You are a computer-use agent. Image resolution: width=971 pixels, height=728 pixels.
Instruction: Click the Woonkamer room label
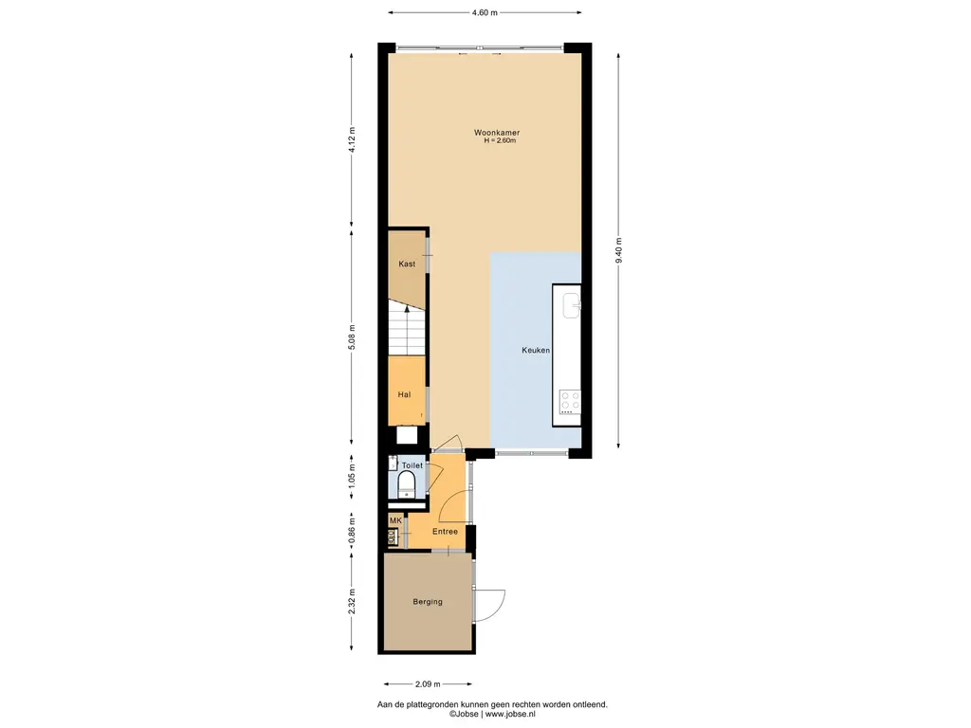[x=497, y=133]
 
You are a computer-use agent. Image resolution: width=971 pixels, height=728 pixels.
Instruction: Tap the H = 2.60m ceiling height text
[x=500, y=140]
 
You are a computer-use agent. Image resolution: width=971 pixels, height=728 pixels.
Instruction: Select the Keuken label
[x=536, y=351]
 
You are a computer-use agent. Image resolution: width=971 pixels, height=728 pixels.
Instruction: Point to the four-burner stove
[x=570, y=402]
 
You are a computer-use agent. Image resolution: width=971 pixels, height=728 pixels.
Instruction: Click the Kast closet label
[x=407, y=264]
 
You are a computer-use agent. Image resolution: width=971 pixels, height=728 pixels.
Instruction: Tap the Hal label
[x=404, y=394]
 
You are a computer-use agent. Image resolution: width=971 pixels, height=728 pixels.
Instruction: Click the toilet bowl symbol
[x=406, y=483]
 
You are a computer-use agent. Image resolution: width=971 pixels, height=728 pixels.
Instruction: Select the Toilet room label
[x=412, y=465]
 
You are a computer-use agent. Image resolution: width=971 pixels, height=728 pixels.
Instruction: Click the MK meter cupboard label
[x=395, y=520]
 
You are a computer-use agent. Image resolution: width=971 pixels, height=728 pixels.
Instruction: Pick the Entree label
[x=446, y=532]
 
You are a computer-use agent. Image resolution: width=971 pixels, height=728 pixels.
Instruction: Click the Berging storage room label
[x=428, y=602]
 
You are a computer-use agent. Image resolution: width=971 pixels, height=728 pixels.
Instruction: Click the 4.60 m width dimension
[x=485, y=12]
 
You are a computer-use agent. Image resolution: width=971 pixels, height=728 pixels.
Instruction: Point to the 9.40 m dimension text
[x=618, y=250]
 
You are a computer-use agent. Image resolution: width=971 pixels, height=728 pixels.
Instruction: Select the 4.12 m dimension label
[x=352, y=139]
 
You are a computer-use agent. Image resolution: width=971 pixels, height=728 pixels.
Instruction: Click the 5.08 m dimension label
[x=352, y=337]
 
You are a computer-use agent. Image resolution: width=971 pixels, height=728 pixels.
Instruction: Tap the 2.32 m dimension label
[x=352, y=601]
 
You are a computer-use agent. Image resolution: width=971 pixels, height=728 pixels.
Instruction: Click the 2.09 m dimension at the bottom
[x=428, y=684]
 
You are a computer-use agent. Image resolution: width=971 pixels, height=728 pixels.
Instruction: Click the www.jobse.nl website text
[x=510, y=714]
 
